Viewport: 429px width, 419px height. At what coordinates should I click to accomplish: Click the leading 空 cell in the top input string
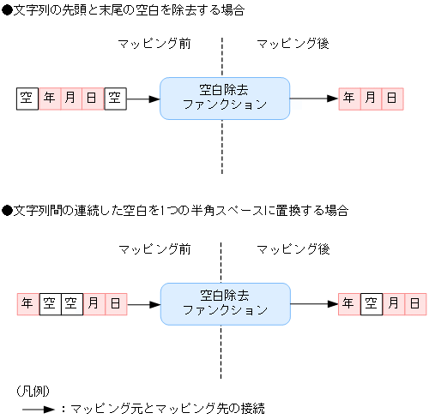[27, 99]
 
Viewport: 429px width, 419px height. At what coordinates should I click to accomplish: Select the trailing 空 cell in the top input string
[115, 99]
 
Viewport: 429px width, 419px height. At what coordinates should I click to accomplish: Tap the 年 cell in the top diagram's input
[50, 99]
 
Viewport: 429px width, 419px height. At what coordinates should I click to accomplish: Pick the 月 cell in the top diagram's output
[371, 99]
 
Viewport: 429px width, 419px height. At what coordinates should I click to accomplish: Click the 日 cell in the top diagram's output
[392, 99]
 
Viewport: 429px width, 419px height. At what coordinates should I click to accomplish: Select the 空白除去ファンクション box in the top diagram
[225, 98]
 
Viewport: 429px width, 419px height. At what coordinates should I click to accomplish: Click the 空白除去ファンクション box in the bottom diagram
[225, 302]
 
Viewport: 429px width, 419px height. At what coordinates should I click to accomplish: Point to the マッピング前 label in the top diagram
[154, 44]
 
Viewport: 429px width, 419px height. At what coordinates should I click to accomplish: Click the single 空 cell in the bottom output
[371, 303]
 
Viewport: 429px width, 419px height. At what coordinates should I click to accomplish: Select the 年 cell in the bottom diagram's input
[27, 303]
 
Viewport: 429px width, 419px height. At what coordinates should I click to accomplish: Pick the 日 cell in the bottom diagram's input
[115, 303]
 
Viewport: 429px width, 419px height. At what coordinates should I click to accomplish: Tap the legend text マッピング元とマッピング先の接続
[167, 409]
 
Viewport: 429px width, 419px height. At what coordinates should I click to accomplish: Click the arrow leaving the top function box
[314, 99]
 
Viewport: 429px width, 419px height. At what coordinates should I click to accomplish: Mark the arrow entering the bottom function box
[143, 303]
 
